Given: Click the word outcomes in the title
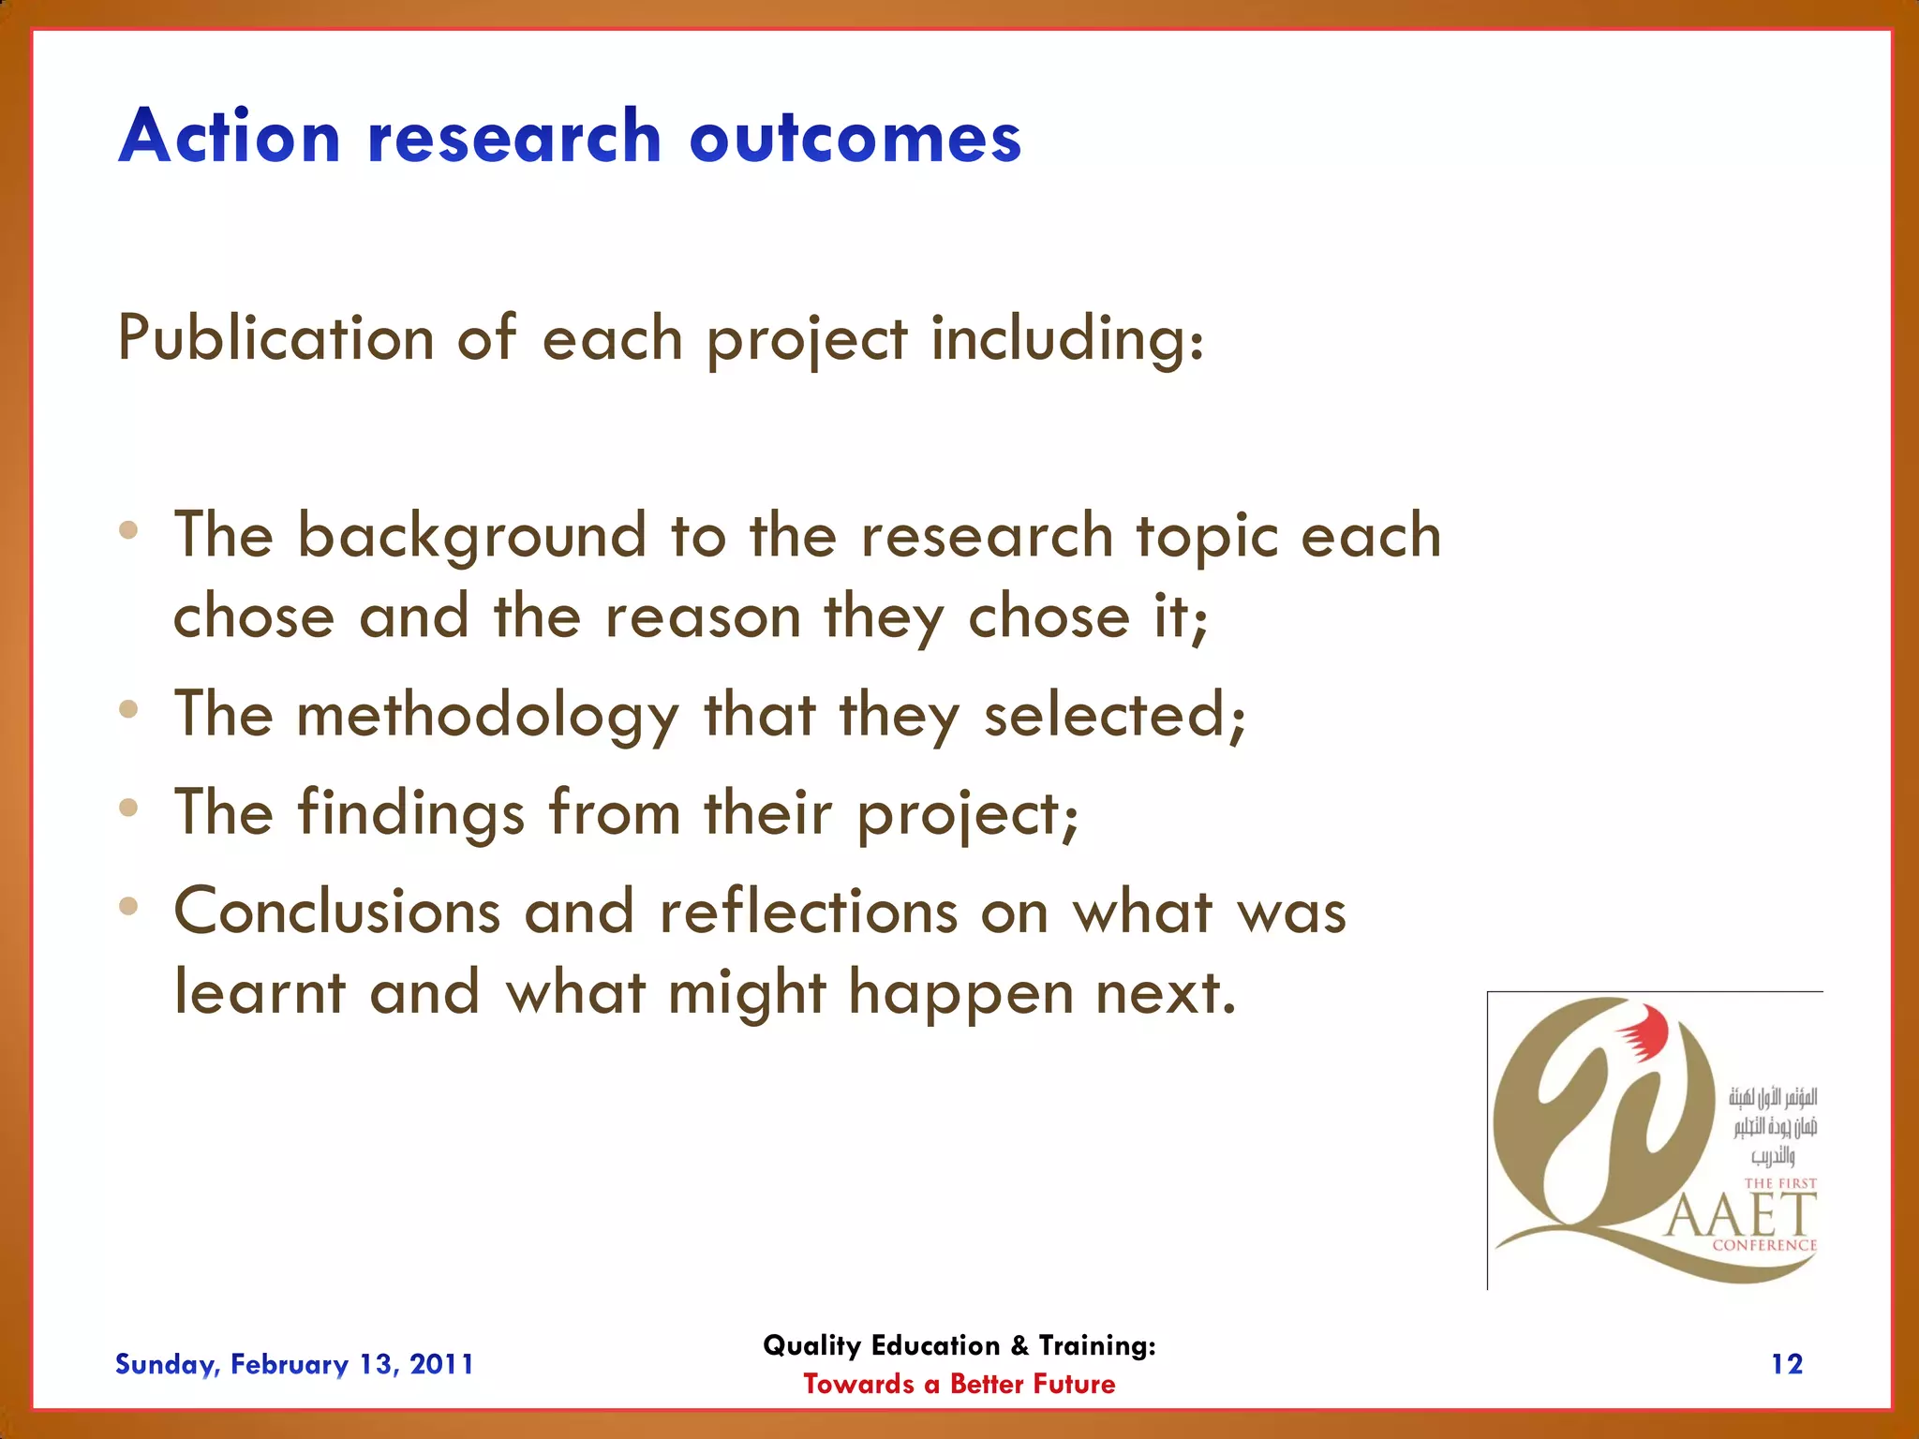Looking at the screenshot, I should point(855,138).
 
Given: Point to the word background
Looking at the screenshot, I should point(471,538).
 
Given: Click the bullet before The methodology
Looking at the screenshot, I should point(129,709).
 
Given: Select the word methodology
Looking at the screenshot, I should point(487,717).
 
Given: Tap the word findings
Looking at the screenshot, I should point(411,812).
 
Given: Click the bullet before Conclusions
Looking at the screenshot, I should point(129,906).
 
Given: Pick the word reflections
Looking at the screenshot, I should point(809,912).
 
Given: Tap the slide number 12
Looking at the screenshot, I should point(1786,1364).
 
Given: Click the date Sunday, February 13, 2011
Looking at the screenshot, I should point(294,1364).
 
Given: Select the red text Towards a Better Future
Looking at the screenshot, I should point(959,1384).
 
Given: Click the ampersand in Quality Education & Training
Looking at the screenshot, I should point(1019,1346).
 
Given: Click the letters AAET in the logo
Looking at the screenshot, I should point(1740,1217).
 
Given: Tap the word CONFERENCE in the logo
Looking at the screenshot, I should point(1763,1245).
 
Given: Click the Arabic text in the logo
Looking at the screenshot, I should point(1773,1125).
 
